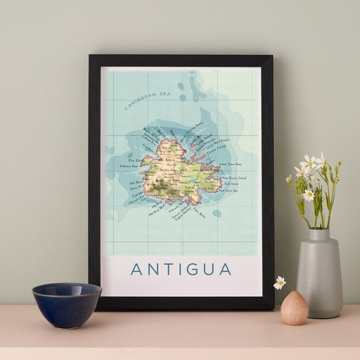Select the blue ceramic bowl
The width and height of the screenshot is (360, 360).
click(x=66, y=304)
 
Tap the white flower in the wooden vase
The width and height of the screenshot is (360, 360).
click(x=280, y=282)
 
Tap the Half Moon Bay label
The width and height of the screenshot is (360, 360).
click(x=229, y=190)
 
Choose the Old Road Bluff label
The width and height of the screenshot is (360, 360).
click(x=156, y=211)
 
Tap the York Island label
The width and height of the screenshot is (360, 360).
click(x=231, y=184)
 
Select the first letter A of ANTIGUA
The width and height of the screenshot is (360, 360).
click(x=136, y=269)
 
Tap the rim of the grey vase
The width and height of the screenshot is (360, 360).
click(x=319, y=232)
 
